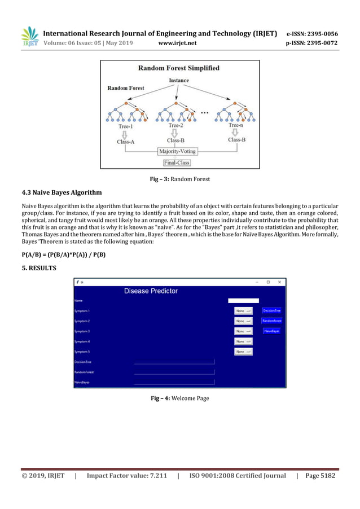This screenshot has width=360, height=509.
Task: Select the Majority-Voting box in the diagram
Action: [x=177, y=151]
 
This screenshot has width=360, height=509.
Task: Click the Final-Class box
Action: [x=177, y=163]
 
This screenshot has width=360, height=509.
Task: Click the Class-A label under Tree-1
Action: [x=126, y=142]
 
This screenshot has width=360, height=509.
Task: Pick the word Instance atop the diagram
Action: [x=179, y=81]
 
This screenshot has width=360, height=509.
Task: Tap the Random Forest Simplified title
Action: [x=179, y=68]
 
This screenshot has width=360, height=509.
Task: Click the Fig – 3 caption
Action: [x=179, y=179]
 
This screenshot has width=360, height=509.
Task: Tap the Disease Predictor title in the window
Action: [x=151, y=291]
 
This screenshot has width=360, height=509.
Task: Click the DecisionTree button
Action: [x=271, y=311]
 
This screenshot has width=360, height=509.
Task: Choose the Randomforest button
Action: [x=271, y=321]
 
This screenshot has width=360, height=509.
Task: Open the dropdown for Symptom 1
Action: [x=244, y=311]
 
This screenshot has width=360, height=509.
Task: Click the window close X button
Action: [x=279, y=282]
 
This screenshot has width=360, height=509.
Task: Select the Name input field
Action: [x=243, y=301]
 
